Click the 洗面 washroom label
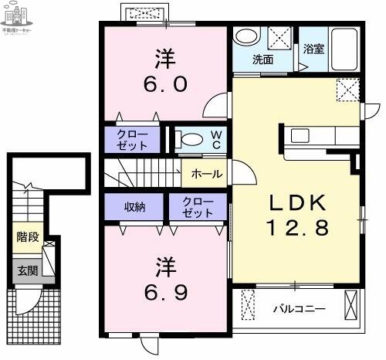[262, 59]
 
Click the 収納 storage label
[134, 206]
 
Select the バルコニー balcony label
[299, 309]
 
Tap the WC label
[217, 139]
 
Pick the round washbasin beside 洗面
[247, 37]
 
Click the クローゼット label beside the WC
[133, 139]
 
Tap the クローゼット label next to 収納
[199, 206]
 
